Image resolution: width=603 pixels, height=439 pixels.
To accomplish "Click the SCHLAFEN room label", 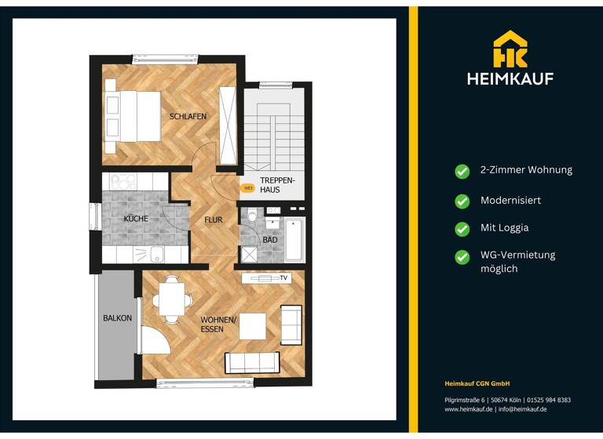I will pyautogui.click(x=188, y=117).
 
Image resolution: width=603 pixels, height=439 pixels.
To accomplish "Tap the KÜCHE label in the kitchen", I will pyautogui.click(x=135, y=219).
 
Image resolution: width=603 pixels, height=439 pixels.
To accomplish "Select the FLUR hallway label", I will pyautogui.click(x=214, y=220).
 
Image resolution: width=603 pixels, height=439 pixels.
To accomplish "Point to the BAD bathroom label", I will pyautogui.click(x=270, y=240).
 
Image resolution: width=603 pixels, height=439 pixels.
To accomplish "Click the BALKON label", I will pyautogui.click(x=117, y=318).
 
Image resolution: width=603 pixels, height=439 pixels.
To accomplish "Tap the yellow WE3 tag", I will pyautogui.click(x=247, y=187).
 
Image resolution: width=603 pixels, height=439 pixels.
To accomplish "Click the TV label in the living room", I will pyautogui.click(x=283, y=278).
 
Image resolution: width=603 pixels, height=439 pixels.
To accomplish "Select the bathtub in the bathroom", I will pyautogui.click(x=294, y=239).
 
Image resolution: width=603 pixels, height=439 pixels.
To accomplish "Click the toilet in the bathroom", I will pyautogui.click(x=251, y=216).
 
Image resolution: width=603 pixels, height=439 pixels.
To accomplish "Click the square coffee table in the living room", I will pyautogui.click(x=252, y=325).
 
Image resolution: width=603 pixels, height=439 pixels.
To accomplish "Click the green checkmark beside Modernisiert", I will pyautogui.click(x=462, y=201).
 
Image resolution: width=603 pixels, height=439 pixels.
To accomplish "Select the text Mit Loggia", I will pyautogui.click(x=504, y=228).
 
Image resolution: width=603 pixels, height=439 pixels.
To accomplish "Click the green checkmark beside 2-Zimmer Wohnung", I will pyautogui.click(x=462, y=170).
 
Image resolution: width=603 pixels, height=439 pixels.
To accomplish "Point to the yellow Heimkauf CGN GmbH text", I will pyautogui.click(x=477, y=383).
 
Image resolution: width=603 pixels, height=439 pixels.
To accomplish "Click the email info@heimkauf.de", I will pyautogui.click(x=522, y=409).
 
